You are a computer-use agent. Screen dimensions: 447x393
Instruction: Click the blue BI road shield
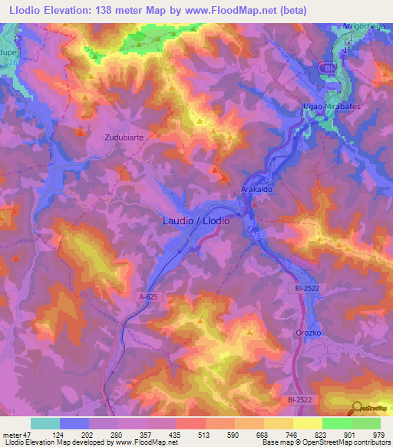pyautogui.click(x=329, y=68)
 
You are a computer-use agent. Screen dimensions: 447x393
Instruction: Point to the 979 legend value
pyautogui.click(x=378, y=434)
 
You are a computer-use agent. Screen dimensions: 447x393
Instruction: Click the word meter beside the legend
pyautogui.click(x=12, y=434)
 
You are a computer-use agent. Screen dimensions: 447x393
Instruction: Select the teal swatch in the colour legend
pyautogui.click(x=45, y=423)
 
